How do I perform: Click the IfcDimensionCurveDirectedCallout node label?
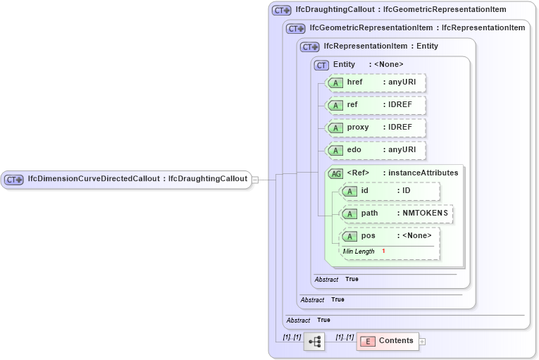click(x=137, y=179)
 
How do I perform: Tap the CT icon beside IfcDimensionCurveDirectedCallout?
click(x=14, y=180)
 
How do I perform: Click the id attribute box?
click(x=390, y=190)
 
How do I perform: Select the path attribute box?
click(x=396, y=213)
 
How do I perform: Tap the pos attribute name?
click(x=368, y=235)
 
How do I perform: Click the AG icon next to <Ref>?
click(x=335, y=173)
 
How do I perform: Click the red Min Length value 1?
click(x=383, y=251)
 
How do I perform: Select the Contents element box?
click(x=388, y=341)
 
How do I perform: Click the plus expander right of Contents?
click(x=423, y=341)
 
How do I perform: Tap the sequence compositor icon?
click(x=314, y=342)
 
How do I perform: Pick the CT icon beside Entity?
click(x=321, y=65)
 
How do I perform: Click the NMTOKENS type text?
click(x=425, y=213)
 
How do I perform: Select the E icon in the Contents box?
click(x=368, y=341)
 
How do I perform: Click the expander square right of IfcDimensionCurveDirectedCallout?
click(x=255, y=180)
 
